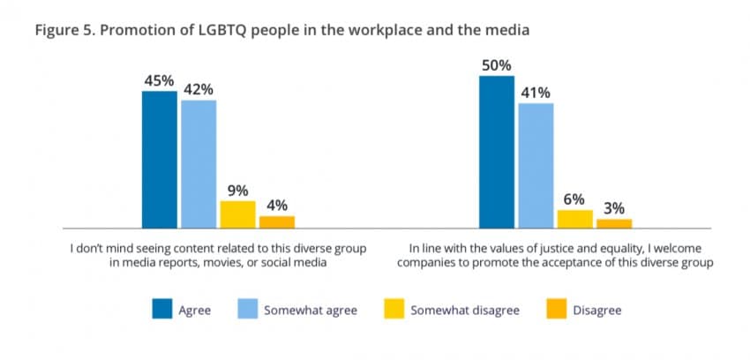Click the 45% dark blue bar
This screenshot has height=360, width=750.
[x=159, y=159]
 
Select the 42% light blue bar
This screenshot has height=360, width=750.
[x=199, y=163]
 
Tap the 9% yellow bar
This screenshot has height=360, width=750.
[x=237, y=214]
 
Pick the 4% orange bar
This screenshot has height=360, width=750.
[x=277, y=221]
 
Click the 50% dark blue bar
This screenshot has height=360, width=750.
[x=496, y=152]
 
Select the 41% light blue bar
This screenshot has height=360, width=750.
[x=536, y=165]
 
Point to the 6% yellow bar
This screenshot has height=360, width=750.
[x=574, y=219]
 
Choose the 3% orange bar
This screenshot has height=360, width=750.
[x=614, y=223]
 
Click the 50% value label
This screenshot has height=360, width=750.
[x=496, y=65]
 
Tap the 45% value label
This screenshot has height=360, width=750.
[x=159, y=80]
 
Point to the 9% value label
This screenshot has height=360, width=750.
[x=237, y=190]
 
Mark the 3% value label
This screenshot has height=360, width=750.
[x=614, y=208]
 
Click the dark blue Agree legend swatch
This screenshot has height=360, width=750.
[x=162, y=310]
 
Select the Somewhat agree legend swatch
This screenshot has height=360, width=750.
[x=248, y=310]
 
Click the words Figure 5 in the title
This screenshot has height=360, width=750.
[x=63, y=31]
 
